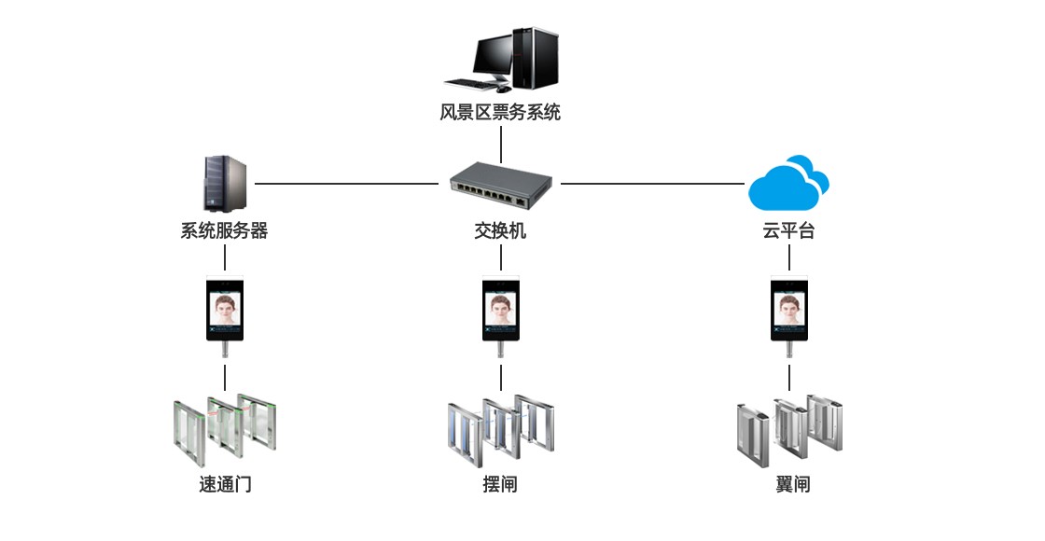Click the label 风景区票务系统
click(500, 113)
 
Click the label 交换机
click(500, 230)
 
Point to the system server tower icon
click(224, 184)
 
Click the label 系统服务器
click(224, 230)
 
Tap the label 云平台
click(788, 230)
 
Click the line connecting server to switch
click(345, 184)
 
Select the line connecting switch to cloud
click(653, 184)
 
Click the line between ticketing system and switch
click(501, 145)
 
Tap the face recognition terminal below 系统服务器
click(225, 312)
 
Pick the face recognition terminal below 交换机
click(501, 312)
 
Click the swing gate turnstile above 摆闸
click(500, 431)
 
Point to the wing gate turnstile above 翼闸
click(789, 431)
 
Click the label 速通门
click(225, 485)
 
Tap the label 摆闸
click(500, 485)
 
